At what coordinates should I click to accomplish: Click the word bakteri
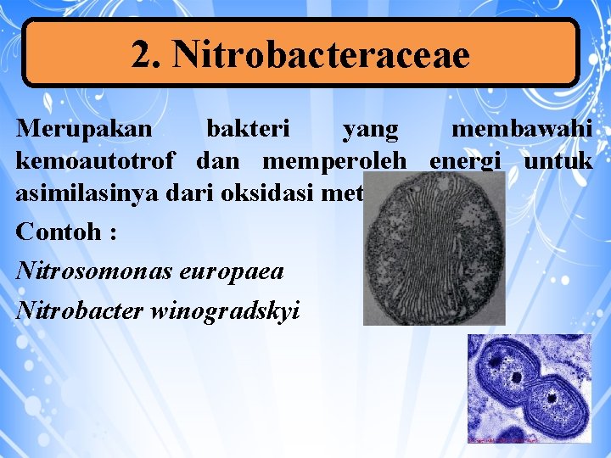point(249,130)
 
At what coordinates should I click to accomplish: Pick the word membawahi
point(522,130)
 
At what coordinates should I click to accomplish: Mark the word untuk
point(558,160)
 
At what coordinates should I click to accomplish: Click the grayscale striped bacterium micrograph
point(434,249)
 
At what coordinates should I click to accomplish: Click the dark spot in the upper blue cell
point(515,375)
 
